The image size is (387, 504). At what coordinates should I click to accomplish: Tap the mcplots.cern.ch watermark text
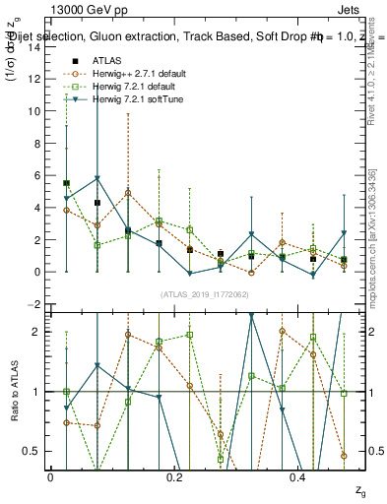(x=374, y=246)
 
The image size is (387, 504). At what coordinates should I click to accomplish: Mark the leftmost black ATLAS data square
(x=66, y=183)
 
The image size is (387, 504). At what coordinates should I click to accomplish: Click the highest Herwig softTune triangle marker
(x=97, y=178)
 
